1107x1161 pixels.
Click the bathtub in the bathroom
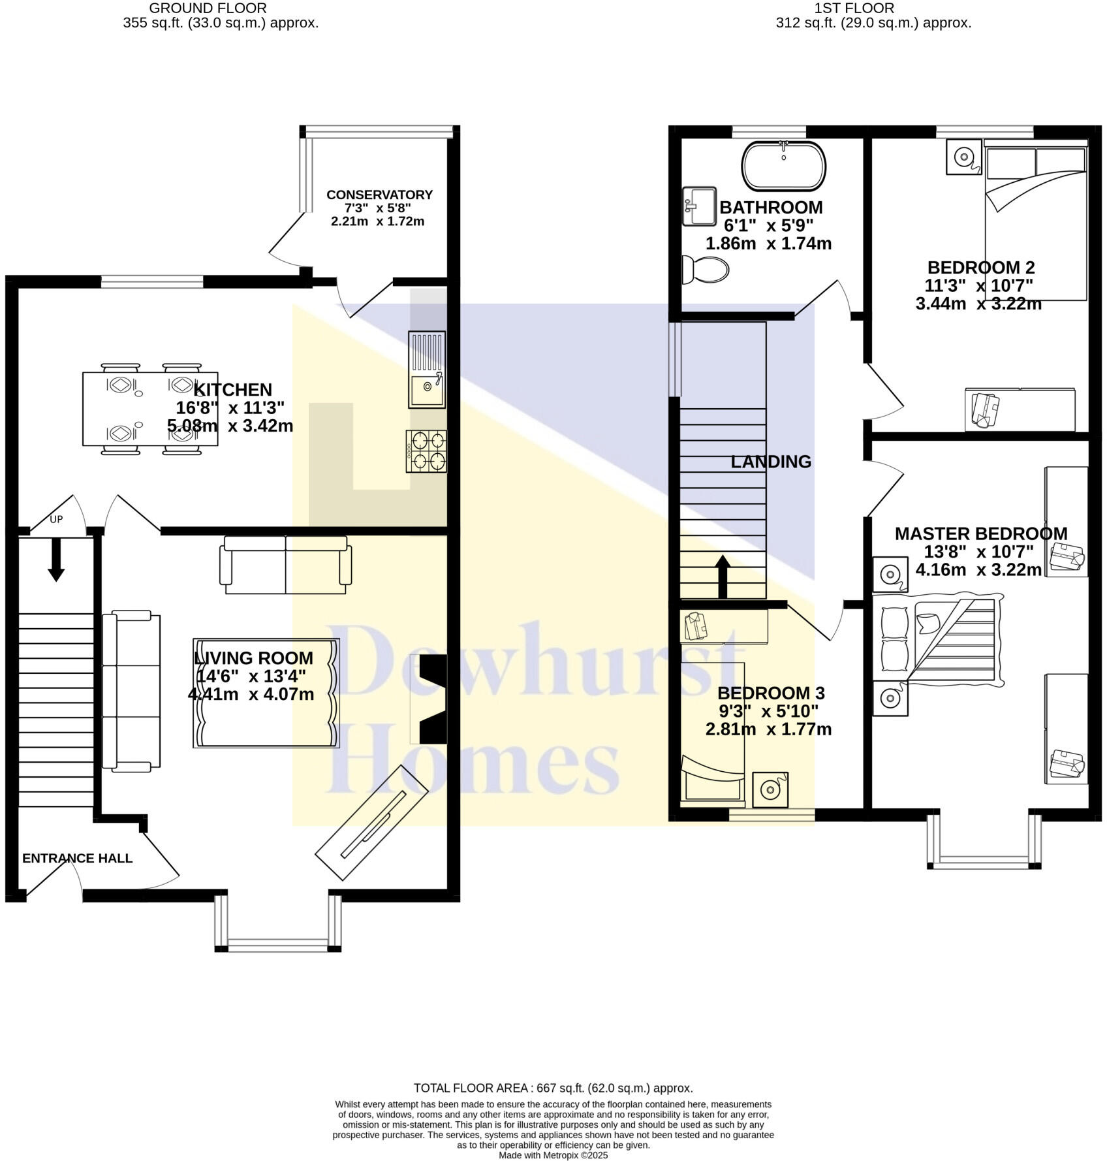click(783, 166)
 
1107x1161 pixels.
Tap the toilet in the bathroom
click(705, 269)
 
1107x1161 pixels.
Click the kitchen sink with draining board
click(427, 370)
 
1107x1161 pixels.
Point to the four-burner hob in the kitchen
click(426, 451)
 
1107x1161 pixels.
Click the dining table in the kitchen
click(150, 409)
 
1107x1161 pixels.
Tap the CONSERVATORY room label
click(379, 195)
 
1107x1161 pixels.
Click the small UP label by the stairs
click(56, 520)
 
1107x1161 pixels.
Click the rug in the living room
click(266, 693)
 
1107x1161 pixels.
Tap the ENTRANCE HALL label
click(77, 859)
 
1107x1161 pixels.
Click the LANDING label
click(770, 462)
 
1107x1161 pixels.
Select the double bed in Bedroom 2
click(1035, 222)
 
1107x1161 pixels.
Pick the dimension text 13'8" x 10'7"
click(978, 552)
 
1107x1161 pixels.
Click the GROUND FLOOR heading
click(208, 8)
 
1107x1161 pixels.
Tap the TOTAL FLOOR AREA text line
click(553, 1088)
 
